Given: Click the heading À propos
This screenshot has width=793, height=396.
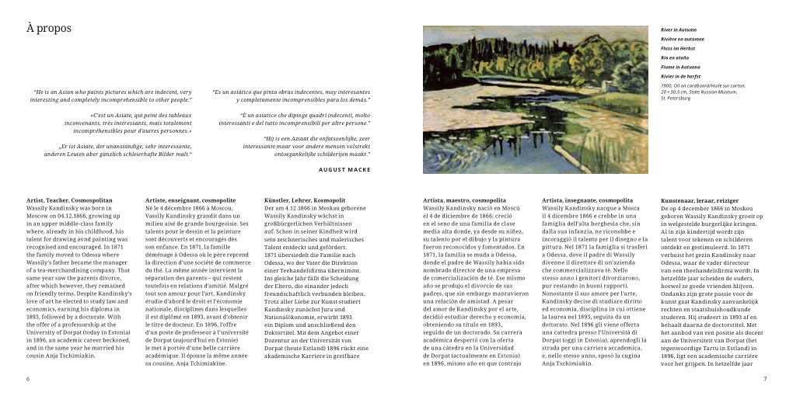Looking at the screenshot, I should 48,29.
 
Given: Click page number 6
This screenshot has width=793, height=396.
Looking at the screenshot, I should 28,379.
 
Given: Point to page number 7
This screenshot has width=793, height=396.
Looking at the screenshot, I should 765,379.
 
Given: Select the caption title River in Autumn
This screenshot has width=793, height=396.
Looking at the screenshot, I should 679,30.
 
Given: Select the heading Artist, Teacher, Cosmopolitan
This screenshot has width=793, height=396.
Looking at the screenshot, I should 69,200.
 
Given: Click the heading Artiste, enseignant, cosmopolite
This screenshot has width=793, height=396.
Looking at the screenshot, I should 190,200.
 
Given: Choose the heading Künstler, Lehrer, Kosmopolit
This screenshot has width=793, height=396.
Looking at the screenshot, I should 305,200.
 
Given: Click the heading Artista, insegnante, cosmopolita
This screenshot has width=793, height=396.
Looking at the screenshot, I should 589,200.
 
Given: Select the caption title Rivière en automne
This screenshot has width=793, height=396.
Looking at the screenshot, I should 683,39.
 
